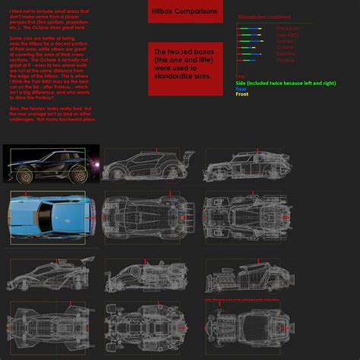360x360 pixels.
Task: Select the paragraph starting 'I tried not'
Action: [x=49, y=21]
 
